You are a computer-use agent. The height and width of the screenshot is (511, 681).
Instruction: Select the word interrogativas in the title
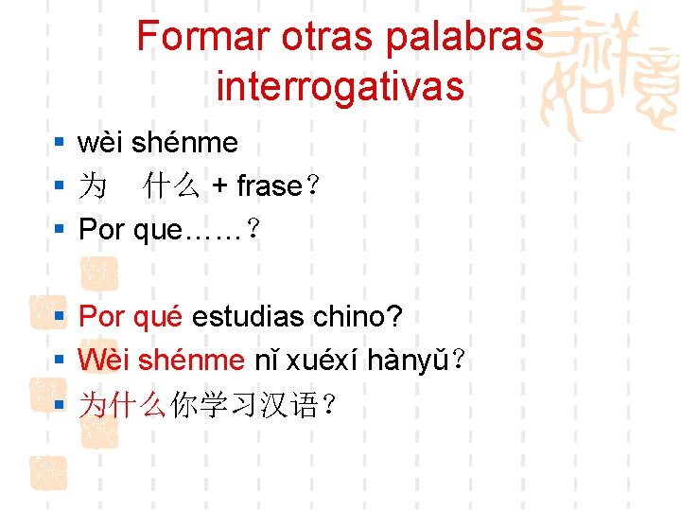pyautogui.click(x=340, y=86)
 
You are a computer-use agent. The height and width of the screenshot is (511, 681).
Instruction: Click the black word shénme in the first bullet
pyautogui.click(x=184, y=143)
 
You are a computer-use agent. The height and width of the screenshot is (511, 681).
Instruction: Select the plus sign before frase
pyautogui.click(x=219, y=186)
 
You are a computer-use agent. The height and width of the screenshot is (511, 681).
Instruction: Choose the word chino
pyautogui.click(x=355, y=316)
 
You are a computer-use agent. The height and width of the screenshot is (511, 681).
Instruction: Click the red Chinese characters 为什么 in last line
pyautogui.click(x=123, y=405)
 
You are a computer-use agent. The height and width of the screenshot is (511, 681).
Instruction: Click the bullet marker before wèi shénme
pyautogui.click(x=59, y=144)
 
